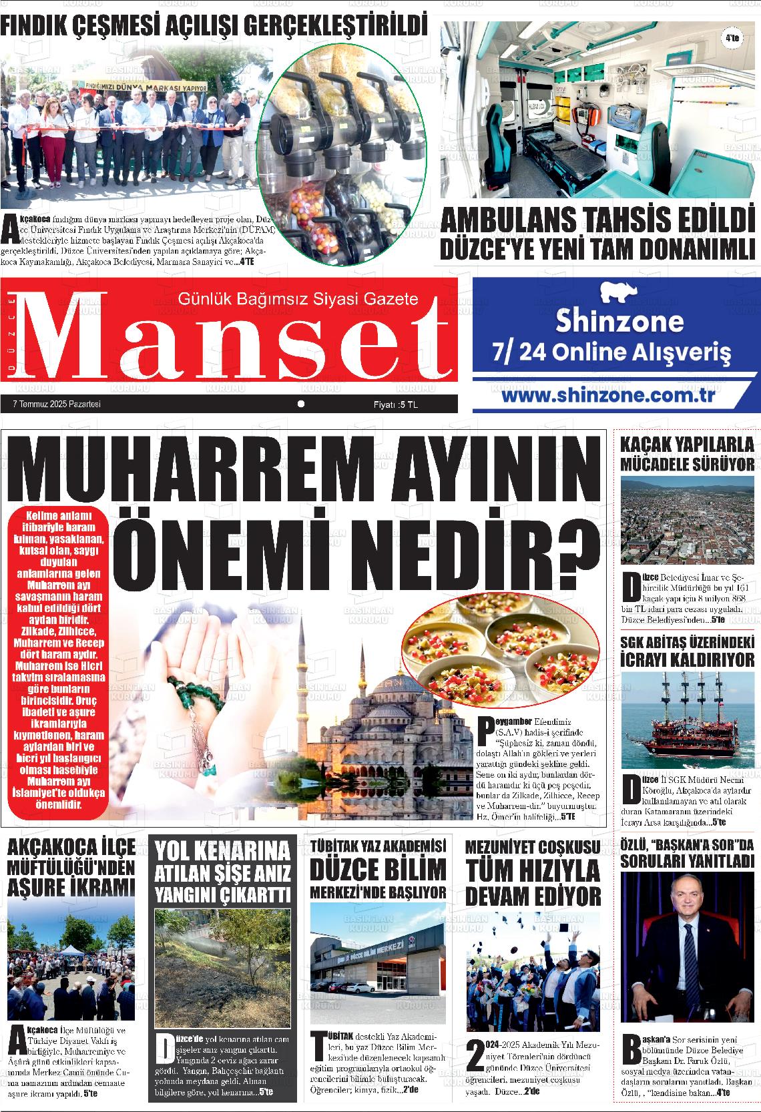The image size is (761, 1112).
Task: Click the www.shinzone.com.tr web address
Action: click(608, 395)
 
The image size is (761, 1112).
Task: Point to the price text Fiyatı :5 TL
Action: click(395, 404)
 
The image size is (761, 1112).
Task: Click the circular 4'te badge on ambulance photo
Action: click(732, 39)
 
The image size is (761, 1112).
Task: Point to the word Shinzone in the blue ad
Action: click(619, 322)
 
